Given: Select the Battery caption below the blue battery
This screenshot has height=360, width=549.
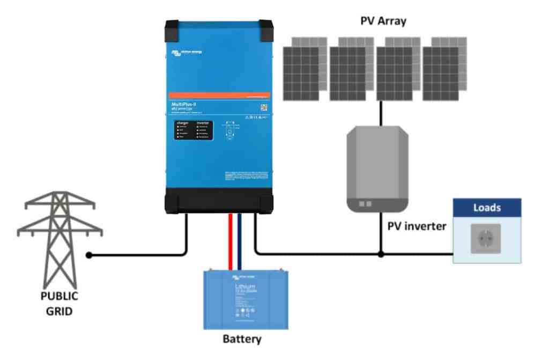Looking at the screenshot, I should tap(242, 339).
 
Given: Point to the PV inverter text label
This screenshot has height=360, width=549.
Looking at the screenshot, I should tap(417, 226).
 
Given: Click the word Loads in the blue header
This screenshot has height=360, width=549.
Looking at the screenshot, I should tap(487, 208).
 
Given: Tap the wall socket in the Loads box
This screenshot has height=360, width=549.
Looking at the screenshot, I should tap(486, 238).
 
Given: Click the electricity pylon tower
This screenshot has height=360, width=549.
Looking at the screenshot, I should tap(59, 236).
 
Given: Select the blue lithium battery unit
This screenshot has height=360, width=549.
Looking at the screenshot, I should tap(246, 299).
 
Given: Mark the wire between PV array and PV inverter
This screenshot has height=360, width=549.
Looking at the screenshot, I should tap(381, 113).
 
